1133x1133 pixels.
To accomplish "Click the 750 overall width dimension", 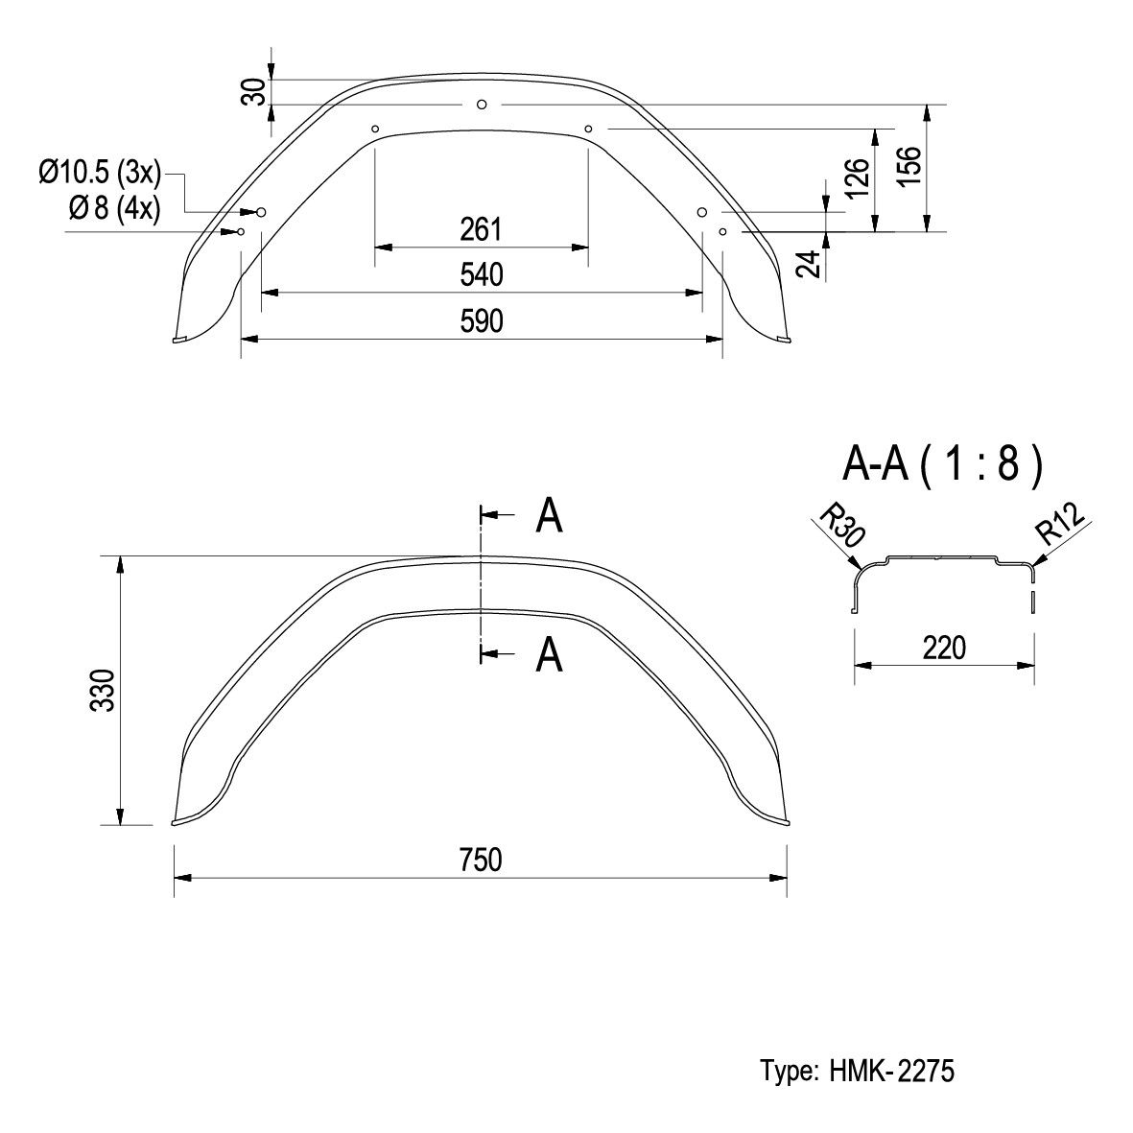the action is tap(481, 860).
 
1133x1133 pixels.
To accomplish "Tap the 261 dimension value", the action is tap(481, 230).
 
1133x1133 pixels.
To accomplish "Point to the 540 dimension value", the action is tap(482, 275).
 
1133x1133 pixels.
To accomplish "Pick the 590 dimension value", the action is tap(482, 321).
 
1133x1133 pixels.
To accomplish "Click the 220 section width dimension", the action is tap(944, 649).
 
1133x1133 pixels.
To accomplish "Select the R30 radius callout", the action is tap(841, 525).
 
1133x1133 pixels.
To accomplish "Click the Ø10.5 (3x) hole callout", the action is tap(100, 174).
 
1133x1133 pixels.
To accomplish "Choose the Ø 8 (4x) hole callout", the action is tap(115, 209).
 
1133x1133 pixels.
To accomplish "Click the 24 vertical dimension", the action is tap(810, 264).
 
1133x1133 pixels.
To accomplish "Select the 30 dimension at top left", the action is tap(253, 92).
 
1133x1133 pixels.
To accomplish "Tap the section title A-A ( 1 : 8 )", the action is tap(943, 463).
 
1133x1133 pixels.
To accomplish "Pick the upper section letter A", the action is tap(549, 516).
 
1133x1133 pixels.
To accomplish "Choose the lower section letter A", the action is tap(549, 654).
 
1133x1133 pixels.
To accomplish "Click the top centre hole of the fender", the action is tap(482, 105).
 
